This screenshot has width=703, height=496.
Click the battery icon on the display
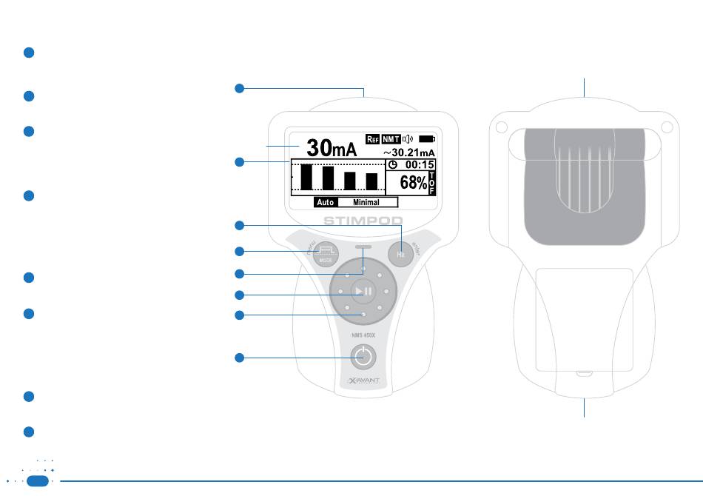427,138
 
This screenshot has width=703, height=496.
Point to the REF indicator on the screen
373,138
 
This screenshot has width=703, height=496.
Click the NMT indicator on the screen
391,138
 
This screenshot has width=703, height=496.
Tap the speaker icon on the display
408,138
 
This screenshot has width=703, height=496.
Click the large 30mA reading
332,148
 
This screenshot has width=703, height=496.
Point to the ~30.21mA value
408,152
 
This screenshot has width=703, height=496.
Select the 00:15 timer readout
417,164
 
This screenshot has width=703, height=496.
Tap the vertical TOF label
432,183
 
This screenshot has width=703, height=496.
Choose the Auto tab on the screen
326,202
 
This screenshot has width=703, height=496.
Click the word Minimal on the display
366,202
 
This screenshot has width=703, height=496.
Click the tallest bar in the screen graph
306,178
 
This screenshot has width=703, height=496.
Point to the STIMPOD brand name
363,220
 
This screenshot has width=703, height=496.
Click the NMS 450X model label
361,335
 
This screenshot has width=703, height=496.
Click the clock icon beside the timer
393,164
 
